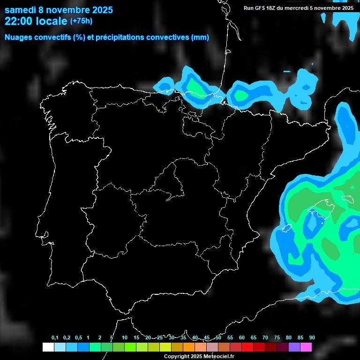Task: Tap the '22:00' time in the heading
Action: (19, 21)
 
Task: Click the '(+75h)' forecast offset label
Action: (81, 21)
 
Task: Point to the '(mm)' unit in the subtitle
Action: (200, 37)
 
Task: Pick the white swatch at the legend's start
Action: (48, 347)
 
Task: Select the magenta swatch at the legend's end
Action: (306, 347)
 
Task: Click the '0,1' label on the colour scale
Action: (55, 338)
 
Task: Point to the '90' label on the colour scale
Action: (312, 338)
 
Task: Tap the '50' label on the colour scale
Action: (218, 338)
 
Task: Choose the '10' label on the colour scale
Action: (125, 338)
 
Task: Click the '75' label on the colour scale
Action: (277, 338)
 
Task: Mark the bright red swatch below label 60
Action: (247, 347)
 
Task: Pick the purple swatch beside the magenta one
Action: (294, 347)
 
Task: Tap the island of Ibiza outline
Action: (287, 228)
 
